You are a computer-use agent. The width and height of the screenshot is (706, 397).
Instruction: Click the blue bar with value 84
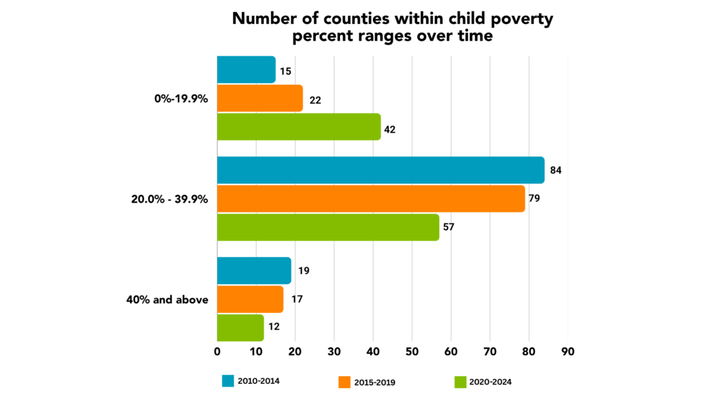pyautogui.click(x=381, y=170)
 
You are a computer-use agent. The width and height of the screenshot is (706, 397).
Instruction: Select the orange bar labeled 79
pyautogui.click(x=371, y=198)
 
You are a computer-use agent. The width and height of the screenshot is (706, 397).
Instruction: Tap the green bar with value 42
pyautogui.click(x=299, y=127)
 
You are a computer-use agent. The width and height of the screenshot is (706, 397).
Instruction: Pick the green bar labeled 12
pyautogui.click(x=240, y=327)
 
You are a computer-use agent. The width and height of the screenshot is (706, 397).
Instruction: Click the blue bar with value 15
pyautogui.click(x=246, y=70)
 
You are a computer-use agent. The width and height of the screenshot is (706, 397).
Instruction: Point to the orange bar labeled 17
pyautogui.click(x=250, y=299)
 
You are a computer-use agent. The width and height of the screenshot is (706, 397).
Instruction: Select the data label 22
pyautogui.click(x=316, y=99)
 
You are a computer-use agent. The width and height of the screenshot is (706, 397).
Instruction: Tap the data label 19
pyautogui.click(x=303, y=271)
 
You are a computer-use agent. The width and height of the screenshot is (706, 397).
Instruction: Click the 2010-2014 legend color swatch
pyautogui.click(x=229, y=380)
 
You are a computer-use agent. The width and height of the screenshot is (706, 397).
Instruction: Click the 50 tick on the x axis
pyautogui.click(x=412, y=351)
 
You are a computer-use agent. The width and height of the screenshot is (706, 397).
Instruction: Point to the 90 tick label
pyautogui.click(x=567, y=351)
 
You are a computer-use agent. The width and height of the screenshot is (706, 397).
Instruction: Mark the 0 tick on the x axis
pyautogui.click(x=217, y=351)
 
